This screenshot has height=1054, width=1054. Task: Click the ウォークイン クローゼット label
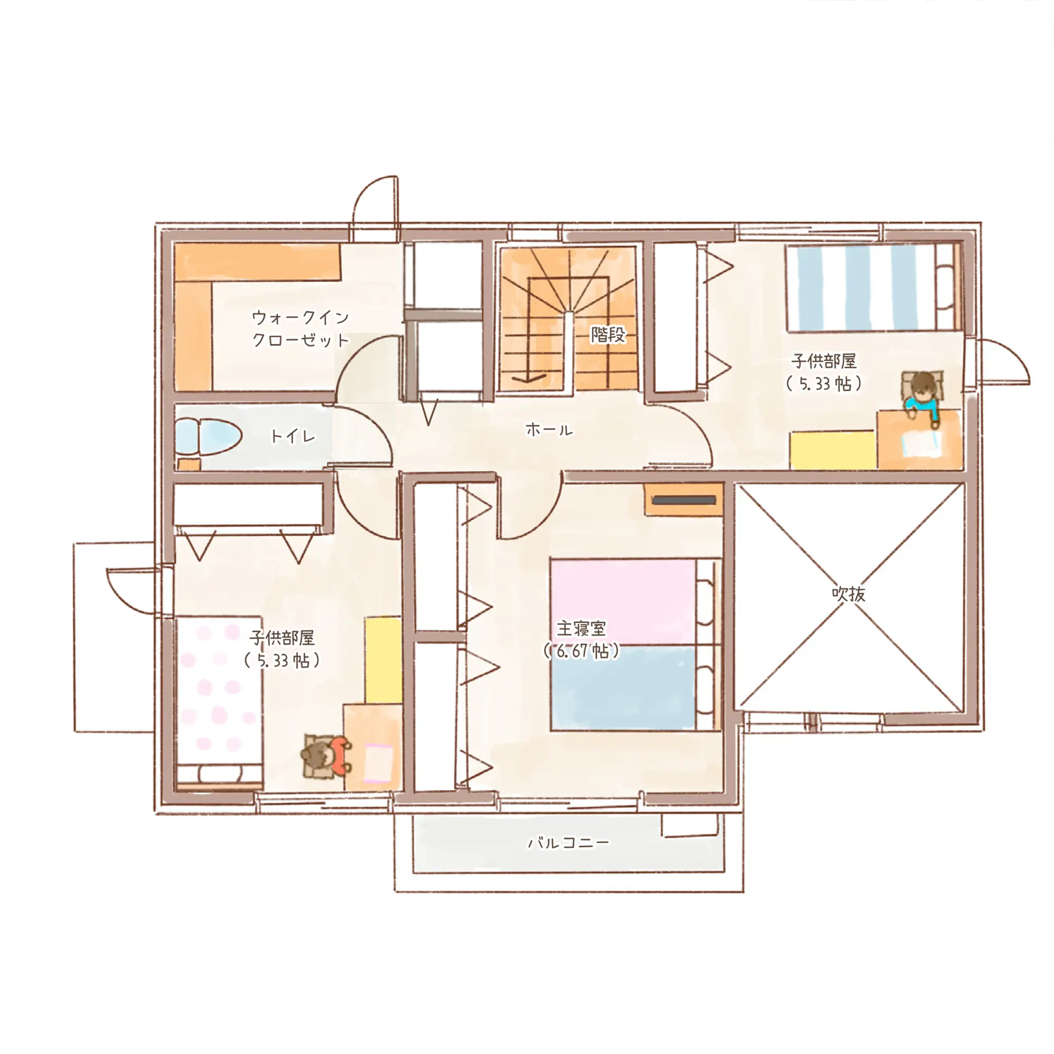pos(300,328)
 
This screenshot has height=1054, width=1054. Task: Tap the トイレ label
pos(293,436)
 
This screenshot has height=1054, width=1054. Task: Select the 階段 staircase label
pos(608,335)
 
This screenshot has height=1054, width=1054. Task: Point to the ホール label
pos(549,430)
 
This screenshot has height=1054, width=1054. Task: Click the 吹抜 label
pos(848,593)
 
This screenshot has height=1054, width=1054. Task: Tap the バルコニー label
pos(569,843)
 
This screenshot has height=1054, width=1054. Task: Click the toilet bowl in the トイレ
pos(210,436)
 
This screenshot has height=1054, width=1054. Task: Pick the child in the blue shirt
pos(922,397)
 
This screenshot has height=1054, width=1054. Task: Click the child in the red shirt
pos(326,756)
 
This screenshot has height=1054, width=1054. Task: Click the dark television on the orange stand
pos(684,500)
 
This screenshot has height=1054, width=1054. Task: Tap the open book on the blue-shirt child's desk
pos(921,444)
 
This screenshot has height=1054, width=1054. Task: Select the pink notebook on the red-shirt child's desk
pos(378,764)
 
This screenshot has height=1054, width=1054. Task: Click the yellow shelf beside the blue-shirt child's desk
pos(833,450)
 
